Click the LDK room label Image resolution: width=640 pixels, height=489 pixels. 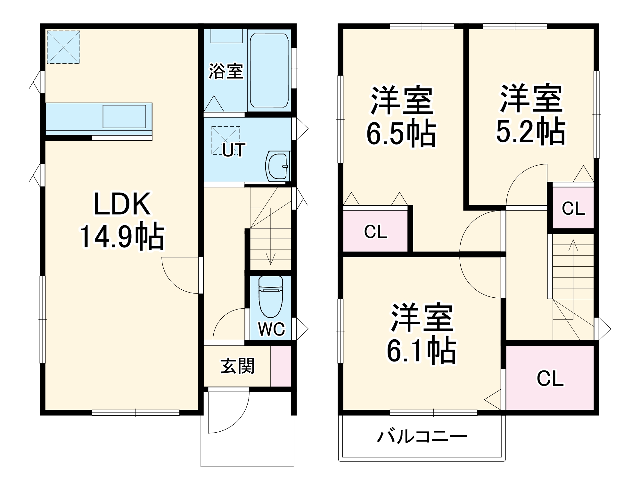tap(122, 204)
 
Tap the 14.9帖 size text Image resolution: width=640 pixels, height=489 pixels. tap(122, 237)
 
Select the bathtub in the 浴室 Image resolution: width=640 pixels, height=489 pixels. tap(269, 70)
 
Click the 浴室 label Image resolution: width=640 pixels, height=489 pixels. tap(226, 71)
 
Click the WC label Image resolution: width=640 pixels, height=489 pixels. tap(271, 329)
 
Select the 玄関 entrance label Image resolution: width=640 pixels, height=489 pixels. tap(237, 366)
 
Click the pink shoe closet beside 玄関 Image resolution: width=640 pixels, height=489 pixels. tap(281, 366)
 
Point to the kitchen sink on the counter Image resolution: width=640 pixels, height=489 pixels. tap(124, 116)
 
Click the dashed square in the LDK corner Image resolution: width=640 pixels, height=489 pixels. tap(63, 47)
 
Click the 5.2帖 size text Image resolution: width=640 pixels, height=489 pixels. tap(531, 131)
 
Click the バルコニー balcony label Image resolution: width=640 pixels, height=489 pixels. tap(422, 437)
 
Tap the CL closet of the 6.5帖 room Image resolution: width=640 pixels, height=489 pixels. tap(375, 231)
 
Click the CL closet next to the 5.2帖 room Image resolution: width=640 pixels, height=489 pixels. tap(573, 208)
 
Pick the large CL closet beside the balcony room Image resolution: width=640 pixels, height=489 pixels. tap(550, 378)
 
